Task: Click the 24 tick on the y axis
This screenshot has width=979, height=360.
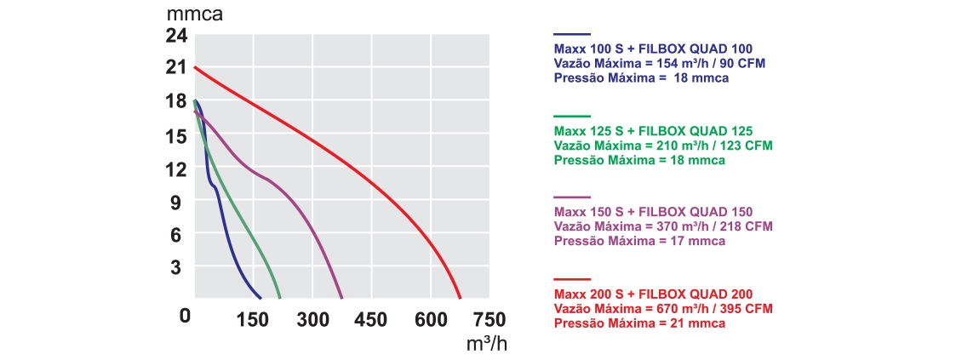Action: point(175,36)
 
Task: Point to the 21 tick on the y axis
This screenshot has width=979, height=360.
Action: point(175,68)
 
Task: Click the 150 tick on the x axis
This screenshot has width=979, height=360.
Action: point(254,320)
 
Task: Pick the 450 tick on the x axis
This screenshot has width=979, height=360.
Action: point(370,320)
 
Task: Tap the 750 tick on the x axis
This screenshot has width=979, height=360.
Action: point(489,320)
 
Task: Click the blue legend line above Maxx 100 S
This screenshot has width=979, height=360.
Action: point(571,33)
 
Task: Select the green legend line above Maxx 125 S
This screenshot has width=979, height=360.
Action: point(571,115)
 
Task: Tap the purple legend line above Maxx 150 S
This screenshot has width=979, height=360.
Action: point(571,197)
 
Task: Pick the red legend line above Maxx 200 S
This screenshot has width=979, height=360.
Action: point(571,278)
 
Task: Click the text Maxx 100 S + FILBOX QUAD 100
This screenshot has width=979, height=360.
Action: point(653,49)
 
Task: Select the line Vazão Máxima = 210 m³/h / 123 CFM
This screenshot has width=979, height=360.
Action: point(663,146)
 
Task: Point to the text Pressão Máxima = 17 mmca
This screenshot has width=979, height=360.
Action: point(639,241)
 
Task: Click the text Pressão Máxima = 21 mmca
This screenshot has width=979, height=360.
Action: point(639,323)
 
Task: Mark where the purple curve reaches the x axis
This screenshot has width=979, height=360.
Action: point(342,298)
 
